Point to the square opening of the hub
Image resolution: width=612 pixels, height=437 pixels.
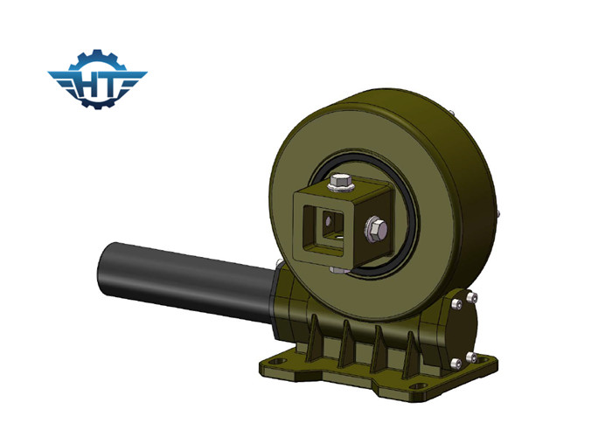(325, 229)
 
